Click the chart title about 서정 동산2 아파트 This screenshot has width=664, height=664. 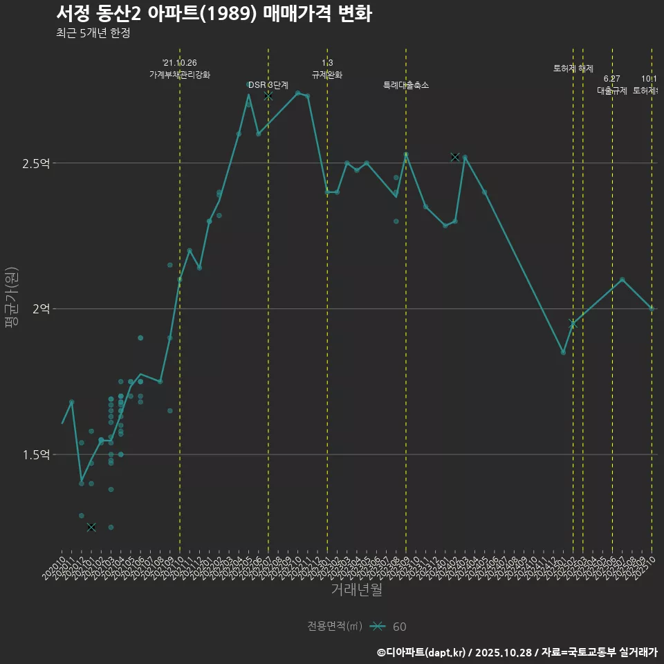214,14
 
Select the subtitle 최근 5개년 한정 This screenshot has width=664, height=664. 93,33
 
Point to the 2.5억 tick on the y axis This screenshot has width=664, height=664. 37,164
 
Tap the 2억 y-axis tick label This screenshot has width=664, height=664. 41,309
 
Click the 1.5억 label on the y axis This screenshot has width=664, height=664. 37,455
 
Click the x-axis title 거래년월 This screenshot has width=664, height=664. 356,590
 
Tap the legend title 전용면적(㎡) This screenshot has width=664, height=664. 335,627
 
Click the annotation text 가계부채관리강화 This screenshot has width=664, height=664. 180,75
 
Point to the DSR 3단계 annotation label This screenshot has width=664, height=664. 268,85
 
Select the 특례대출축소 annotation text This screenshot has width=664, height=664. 406,85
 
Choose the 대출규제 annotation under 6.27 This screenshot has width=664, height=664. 612,91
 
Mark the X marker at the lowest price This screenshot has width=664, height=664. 91,527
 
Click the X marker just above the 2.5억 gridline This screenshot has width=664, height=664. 455,157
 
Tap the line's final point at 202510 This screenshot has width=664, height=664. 652,308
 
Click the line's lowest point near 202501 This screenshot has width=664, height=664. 563,352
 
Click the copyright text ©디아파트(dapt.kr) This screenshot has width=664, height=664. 422,652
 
